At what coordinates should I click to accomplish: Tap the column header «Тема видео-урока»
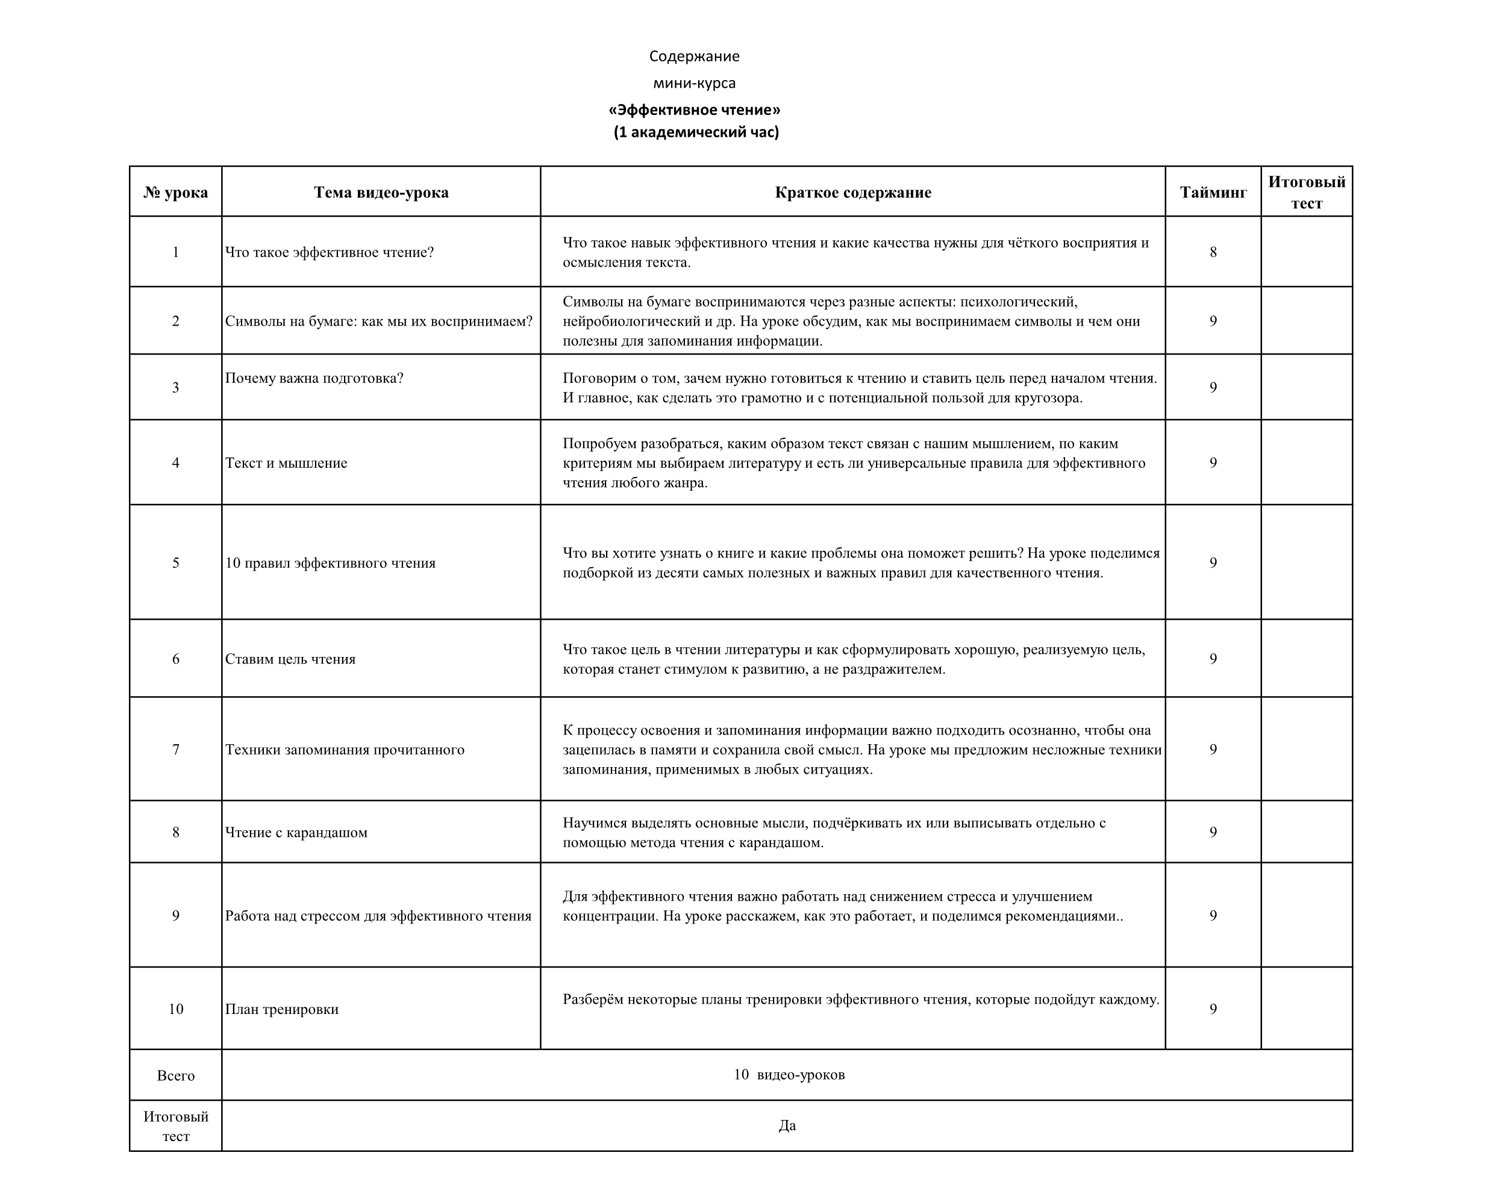point(381,193)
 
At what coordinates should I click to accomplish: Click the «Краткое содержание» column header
point(852,193)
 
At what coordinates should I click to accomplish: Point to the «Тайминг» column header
point(1213,193)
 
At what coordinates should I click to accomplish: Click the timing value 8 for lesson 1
point(1213,252)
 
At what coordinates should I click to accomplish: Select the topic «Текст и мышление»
point(286,462)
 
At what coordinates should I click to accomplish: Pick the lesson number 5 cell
point(175,562)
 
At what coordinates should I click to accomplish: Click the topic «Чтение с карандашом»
point(296,832)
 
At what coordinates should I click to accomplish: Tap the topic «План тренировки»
point(282,1009)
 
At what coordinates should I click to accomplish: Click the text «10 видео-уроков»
point(789,1074)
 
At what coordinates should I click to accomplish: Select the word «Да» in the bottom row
point(787,1125)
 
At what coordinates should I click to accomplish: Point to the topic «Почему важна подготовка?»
point(314,378)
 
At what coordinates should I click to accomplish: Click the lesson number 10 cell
point(175,1009)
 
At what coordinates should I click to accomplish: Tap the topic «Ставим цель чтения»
point(290,659)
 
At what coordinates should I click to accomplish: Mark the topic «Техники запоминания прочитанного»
point(345,750)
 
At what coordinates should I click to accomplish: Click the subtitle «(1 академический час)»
point(696,132)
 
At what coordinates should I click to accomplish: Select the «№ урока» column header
point(175,193)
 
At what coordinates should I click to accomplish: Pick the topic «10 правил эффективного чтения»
point(331,562)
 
